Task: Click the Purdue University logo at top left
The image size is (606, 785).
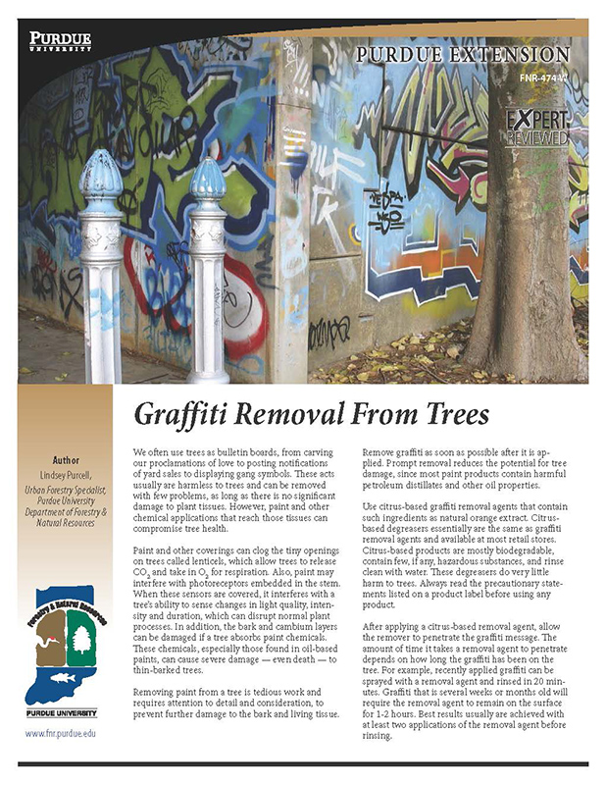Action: tap(62, 42)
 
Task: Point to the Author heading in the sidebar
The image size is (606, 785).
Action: tap(66, 459)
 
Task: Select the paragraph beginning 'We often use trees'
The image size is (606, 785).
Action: tap(236, 483)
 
